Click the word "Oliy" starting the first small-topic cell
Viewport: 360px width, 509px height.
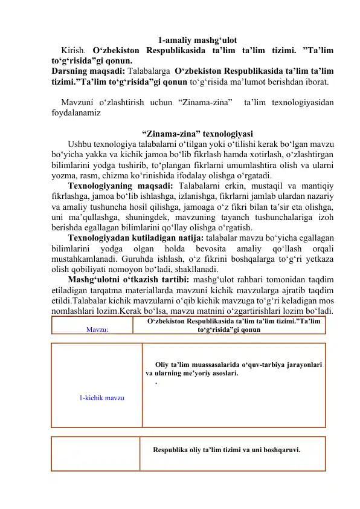coord(162,364)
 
